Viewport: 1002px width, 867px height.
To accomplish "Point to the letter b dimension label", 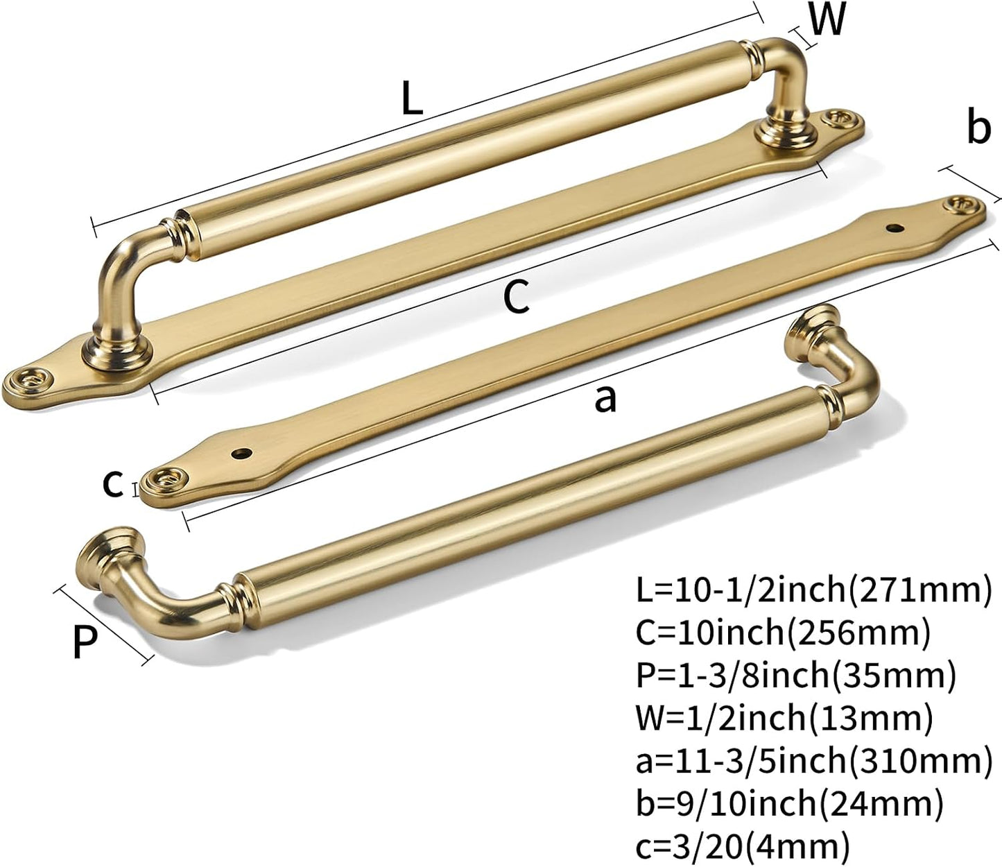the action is [978, 128].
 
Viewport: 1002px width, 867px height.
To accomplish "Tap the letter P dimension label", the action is [85, 641].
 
